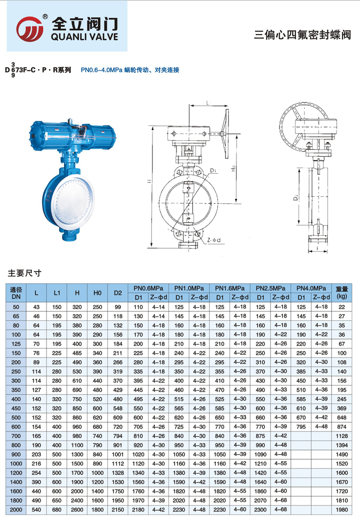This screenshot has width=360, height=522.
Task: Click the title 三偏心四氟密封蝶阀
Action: (x=302, y=34)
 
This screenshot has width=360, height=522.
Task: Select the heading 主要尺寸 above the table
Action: (x=24, y=273)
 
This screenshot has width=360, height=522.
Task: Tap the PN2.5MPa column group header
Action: (x=270, y=288)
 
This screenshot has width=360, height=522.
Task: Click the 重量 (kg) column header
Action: (x=341, y=293)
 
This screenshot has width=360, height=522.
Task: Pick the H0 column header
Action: (x=97, y=293)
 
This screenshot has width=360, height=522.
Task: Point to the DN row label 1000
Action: (x=16, y=464)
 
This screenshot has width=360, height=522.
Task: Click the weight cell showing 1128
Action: (x=341, y=436)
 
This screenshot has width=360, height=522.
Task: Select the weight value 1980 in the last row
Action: (x=341, y=510)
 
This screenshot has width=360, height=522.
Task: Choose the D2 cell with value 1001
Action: (x=117, y=455)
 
